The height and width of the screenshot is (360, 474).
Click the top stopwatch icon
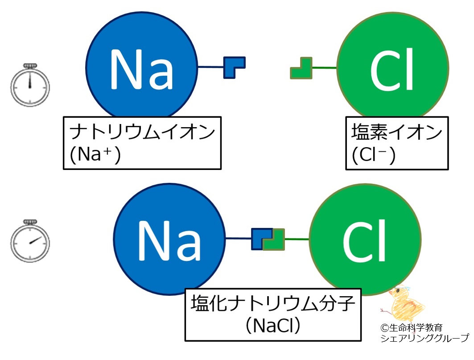coord(30,85)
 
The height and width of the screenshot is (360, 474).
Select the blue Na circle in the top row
coord(141,67)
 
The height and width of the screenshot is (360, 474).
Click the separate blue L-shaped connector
coord(234,67)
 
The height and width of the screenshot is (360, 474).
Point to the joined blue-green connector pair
coord(268,239)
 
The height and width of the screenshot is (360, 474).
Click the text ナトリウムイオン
coord(142,133)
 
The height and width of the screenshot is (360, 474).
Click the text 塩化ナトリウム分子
coord(273,304)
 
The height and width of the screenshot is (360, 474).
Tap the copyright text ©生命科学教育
coord(411,327)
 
